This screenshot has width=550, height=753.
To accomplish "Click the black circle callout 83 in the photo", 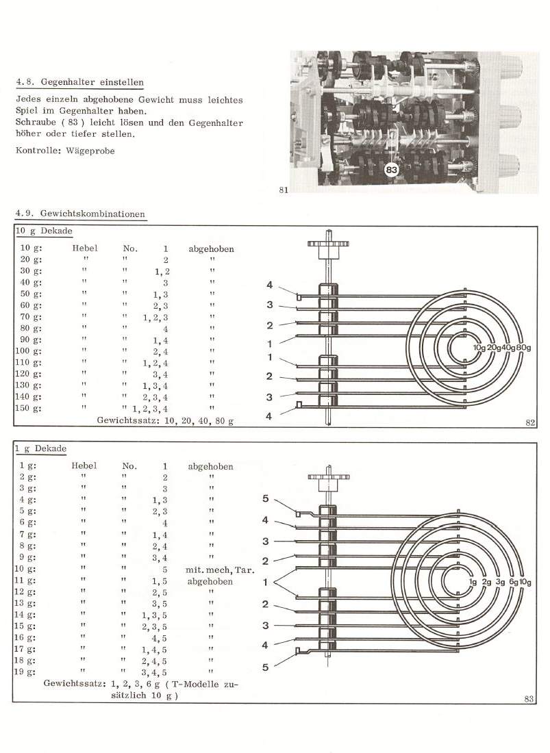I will (392, 169).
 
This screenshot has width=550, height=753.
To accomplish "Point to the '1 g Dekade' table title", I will (41, 448).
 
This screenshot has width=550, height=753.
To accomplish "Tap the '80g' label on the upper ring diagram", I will (523, 347).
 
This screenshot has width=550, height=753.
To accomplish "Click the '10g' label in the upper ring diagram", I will (480, 347).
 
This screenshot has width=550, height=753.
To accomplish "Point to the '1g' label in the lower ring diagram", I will (473, 582).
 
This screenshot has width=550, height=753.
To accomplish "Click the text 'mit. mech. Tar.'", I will (220, 570).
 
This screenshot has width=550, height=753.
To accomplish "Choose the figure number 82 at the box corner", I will (530, 422).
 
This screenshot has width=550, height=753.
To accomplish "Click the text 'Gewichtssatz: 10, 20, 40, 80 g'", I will (165, 420).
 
